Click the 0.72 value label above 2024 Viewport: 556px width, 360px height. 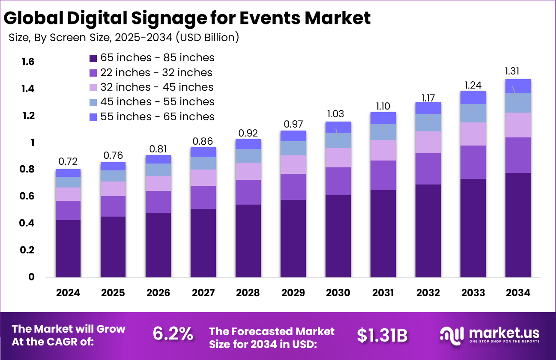click(68, 161)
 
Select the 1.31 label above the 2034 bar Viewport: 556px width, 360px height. click(517, 71)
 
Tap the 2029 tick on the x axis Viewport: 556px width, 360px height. click(293, 293)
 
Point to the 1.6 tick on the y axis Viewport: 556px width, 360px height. click(28, 62)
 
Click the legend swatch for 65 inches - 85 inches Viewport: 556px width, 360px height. click(93, 58)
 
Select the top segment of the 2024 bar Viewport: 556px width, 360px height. click(68, 173)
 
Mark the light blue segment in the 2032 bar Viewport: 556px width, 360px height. click(428, 123)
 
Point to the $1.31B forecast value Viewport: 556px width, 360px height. click(382, 336)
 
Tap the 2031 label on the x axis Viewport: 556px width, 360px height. click(383, 293)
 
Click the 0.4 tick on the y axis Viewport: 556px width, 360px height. click(28, 223)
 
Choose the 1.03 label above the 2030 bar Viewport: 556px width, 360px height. click(338, 114)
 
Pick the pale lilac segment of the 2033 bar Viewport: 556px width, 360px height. click(473, 134)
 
